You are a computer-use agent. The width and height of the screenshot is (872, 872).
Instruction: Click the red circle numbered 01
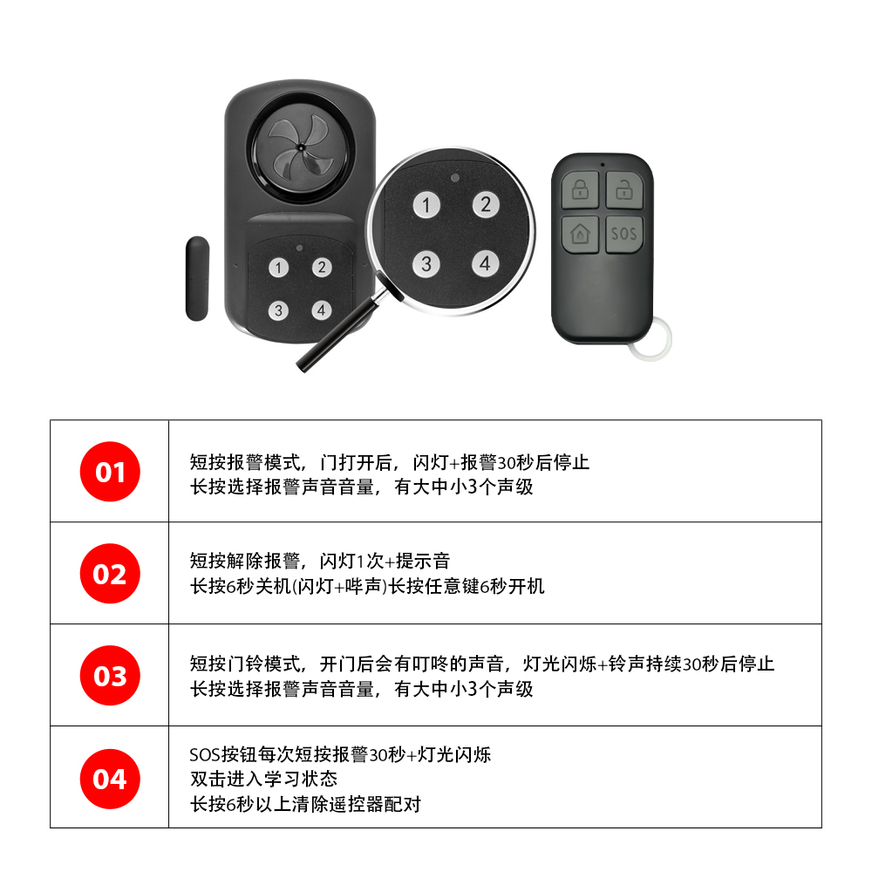coord(110,472)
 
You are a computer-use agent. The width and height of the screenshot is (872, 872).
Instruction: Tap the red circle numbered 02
coord(110,574)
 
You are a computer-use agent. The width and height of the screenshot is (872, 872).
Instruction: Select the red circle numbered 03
coord(110,676)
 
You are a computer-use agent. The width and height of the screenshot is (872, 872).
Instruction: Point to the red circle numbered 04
coord(110,779)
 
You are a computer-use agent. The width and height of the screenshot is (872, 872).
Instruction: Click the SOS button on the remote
coord(624,234)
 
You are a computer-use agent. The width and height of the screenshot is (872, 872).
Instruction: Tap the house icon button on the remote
coord(580,234)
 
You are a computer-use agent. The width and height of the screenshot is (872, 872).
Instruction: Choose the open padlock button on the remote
coord(624,190)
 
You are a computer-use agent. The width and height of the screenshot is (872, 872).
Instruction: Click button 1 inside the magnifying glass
coord(426,205)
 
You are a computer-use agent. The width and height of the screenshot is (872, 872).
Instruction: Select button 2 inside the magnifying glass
coord(486,204)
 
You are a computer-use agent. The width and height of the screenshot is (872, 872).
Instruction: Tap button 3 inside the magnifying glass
coord(426,263)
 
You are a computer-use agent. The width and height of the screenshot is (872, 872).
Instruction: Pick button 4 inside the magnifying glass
coord(486,263)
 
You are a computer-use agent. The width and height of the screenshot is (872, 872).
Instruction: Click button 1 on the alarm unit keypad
coord(279,268)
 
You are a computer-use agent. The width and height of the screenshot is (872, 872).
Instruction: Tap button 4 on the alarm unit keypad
coord(322,310)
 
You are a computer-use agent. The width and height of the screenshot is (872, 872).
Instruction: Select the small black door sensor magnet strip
coord(197,279)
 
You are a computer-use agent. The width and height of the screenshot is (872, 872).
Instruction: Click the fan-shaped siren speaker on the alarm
coord(301,147)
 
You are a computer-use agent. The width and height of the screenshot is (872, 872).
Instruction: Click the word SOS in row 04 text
coord(205,754)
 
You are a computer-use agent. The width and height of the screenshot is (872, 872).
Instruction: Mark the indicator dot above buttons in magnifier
coord(455,178)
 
